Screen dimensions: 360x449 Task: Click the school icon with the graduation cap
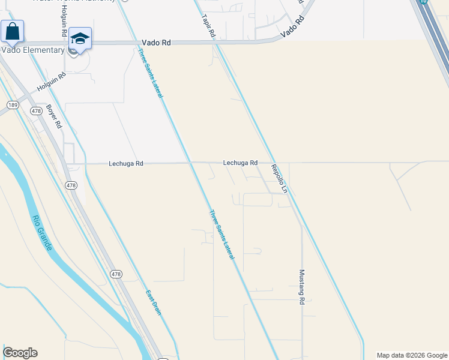click(80, 39)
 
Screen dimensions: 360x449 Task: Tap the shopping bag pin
click(12, 31)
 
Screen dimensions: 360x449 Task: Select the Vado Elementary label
click(32, 50)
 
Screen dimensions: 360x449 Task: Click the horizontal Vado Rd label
click(157, 43)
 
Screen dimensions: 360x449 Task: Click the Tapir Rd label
click(208, 27)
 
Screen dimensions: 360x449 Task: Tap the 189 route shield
click(13, 104)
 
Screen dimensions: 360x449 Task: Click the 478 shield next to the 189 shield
click(36, 111)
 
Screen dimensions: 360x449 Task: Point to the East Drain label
click(154, 302)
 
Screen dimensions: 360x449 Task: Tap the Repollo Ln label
click(279, 178)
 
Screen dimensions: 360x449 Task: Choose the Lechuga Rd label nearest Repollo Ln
click(240, 163)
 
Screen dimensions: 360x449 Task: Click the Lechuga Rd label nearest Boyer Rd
click(126, 163)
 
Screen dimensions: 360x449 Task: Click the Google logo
click(20, 353)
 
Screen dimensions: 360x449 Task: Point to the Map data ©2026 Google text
click(412, 355)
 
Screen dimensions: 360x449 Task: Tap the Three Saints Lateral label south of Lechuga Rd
click(221, 234)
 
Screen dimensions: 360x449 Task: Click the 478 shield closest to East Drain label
click(116, 274)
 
